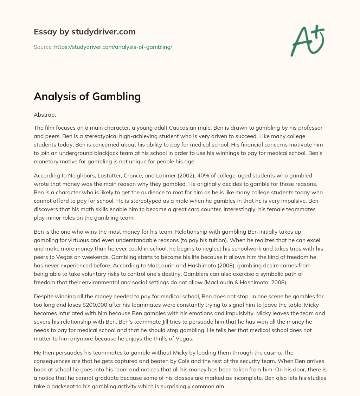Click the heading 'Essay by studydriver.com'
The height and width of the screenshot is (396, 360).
(84, 32)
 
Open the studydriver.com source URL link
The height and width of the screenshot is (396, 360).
(113, 47)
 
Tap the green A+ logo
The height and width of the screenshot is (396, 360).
(307, 40)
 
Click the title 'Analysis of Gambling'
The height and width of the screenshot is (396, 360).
(87, 96)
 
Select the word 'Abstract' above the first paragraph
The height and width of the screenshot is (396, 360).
(45, 115)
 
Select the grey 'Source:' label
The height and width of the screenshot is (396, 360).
(43, 47)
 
